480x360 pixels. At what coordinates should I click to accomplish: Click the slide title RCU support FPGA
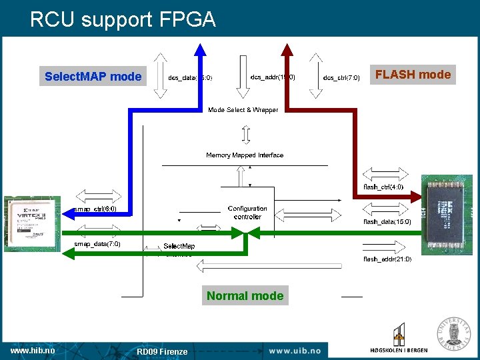pyautogui.click(x=123, y=20)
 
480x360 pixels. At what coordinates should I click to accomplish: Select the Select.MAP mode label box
pyautogui.click(x=93, y=76)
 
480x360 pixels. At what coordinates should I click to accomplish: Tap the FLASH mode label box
pyautogui.click(x=413, y=75)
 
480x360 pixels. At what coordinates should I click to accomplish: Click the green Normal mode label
pyautogui.click(x=245, y=295)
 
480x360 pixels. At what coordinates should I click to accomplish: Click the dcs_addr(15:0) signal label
pyautogui.click(x=273, y=77)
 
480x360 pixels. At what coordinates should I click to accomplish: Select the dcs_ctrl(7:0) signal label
pyautogui.click(x=341, y=78)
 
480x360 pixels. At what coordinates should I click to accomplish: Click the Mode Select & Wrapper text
pyautogui.click(x=243, y=110)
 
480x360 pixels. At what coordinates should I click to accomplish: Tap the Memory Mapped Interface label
pyautogui.click(x=245, y=155)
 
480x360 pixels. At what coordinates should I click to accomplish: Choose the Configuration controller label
pyautogui.click(x=247, y=213)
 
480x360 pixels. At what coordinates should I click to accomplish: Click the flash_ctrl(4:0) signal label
pyautogui.click(x=383, y=187)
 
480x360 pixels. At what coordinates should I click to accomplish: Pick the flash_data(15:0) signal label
pyautogui.click(x=387, y=221)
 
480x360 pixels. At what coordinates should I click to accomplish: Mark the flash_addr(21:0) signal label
pyautogui.click(x=387, y=259)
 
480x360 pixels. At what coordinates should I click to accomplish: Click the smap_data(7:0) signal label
pyautogui.click(x=97, y=244)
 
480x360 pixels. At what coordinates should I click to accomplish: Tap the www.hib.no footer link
pyautogui.click(x=33, y=350)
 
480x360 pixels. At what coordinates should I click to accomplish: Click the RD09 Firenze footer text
pyautogui.click(x=162, y=351)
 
